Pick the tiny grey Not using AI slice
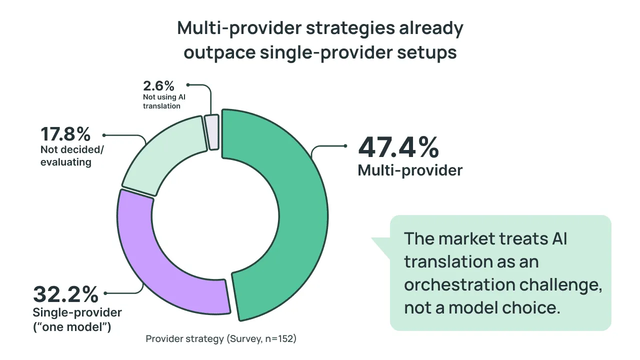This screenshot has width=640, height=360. coord(212,131)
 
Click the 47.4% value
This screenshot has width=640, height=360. coord(398,147)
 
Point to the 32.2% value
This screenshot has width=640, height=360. coord(65,294)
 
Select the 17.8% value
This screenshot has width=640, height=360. coord(65,134)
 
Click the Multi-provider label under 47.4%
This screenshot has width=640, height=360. coord(410,170)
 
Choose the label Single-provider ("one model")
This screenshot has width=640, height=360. coord(77,320)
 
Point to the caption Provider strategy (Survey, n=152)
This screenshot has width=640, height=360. coord(221,339)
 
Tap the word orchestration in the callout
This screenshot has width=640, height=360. coord(460,284)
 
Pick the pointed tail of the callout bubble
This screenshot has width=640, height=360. coord(375,240)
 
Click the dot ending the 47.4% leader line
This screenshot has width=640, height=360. coord(345,146)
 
